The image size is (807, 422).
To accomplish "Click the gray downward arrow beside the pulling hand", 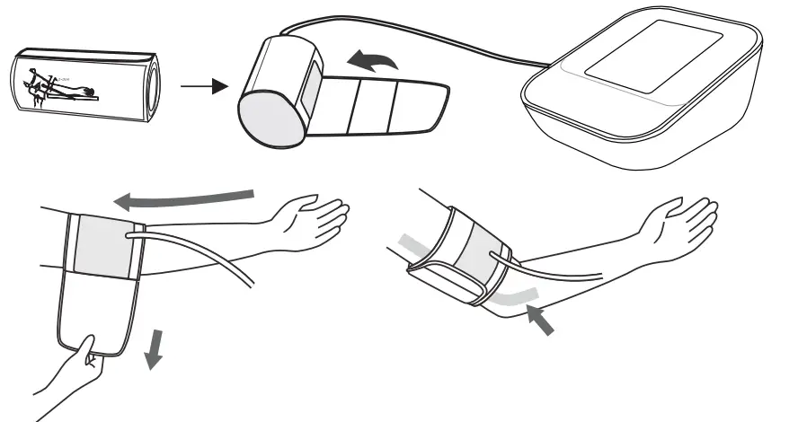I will coord(155,349).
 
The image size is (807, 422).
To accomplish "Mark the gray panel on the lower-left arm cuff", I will coord(102,244).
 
